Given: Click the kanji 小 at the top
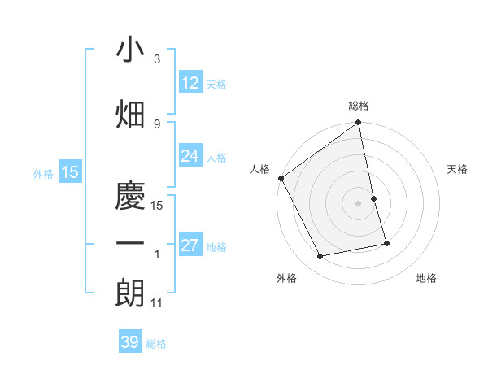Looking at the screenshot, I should point(131,50).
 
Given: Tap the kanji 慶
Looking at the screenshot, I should point(131,194).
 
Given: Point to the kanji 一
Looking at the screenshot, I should point(131,244).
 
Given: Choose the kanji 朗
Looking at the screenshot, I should point(131,293).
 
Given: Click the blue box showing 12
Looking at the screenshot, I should point(190,83).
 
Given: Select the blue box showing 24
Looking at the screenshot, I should point(190,156).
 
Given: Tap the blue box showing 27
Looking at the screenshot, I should point(190,245).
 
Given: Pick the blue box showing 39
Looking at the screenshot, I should point(130,342).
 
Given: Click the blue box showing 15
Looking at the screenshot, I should point(69,171).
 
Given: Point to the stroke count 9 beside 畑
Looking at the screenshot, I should point(157,124).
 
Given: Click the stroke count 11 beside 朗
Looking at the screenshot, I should point(158,303).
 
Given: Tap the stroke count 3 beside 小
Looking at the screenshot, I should point(157,59).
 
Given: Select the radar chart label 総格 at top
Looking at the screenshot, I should point(359,106).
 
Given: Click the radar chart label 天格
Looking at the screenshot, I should point(458,169).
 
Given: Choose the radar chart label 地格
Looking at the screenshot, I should point(426,278).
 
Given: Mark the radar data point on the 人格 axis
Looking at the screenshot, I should point(281,178).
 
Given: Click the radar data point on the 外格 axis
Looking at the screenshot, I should point(320,257).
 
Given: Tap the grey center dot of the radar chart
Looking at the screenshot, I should point(359,203).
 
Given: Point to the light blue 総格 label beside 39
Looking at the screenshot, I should point(156,344).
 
